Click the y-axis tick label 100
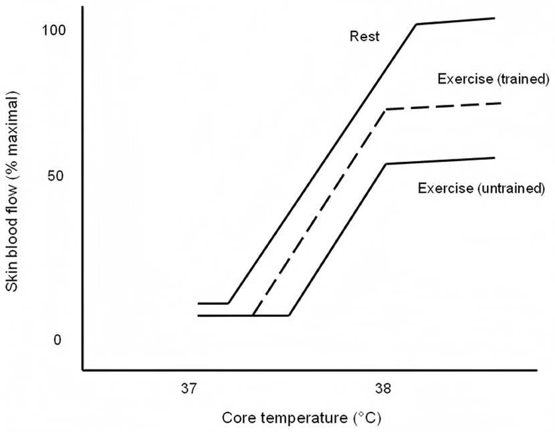click(53, 31)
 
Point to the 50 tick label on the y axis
click(55, 176)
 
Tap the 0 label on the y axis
click(58, 340)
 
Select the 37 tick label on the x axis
click(189, 389)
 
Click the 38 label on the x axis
click(383, 389)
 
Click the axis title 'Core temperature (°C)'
click(302, 418)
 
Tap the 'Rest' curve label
click(364, 36)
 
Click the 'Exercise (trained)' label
click(493, 79)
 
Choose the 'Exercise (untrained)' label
click(481, 188)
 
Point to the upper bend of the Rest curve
click(416, 24)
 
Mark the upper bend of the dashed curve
click(386, 110)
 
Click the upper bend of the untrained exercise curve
click(386, 164)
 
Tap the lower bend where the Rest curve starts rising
click(228, 304)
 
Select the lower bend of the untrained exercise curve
click(290, 315)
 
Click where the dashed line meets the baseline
click(253, 315)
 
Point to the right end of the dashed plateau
click(502, 103)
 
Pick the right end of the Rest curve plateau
click(494, 18)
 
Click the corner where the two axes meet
click(83, 370)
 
